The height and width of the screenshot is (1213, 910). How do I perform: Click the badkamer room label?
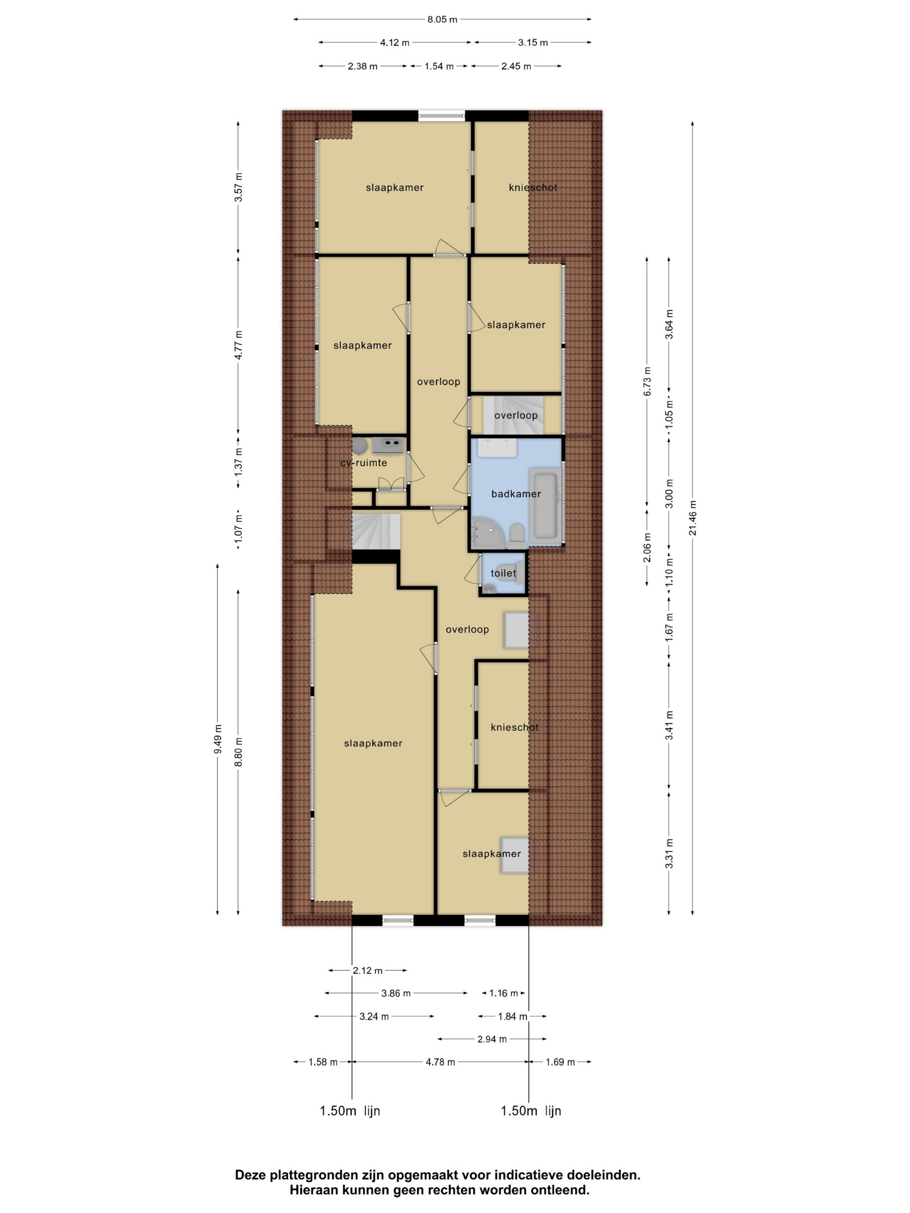[516, 493]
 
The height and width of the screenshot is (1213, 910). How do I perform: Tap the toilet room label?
[503, 574]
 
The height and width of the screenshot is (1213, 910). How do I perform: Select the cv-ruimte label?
[364, 463]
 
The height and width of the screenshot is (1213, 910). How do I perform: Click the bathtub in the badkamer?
[543, 503]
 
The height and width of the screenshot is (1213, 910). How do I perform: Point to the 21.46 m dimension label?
[693, 518]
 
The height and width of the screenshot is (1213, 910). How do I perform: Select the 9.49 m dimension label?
[218, 739]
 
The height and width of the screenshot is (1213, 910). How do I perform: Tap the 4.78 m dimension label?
[440, 1062]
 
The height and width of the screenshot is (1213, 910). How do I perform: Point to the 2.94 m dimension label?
[492, 1038]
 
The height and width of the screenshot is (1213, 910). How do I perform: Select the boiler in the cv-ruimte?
[359, 445]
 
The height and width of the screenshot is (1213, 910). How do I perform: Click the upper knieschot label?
[533, 188]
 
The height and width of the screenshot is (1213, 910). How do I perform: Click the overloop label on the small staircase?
[516, 415]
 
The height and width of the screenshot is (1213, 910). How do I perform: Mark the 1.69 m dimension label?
[560, 1062]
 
